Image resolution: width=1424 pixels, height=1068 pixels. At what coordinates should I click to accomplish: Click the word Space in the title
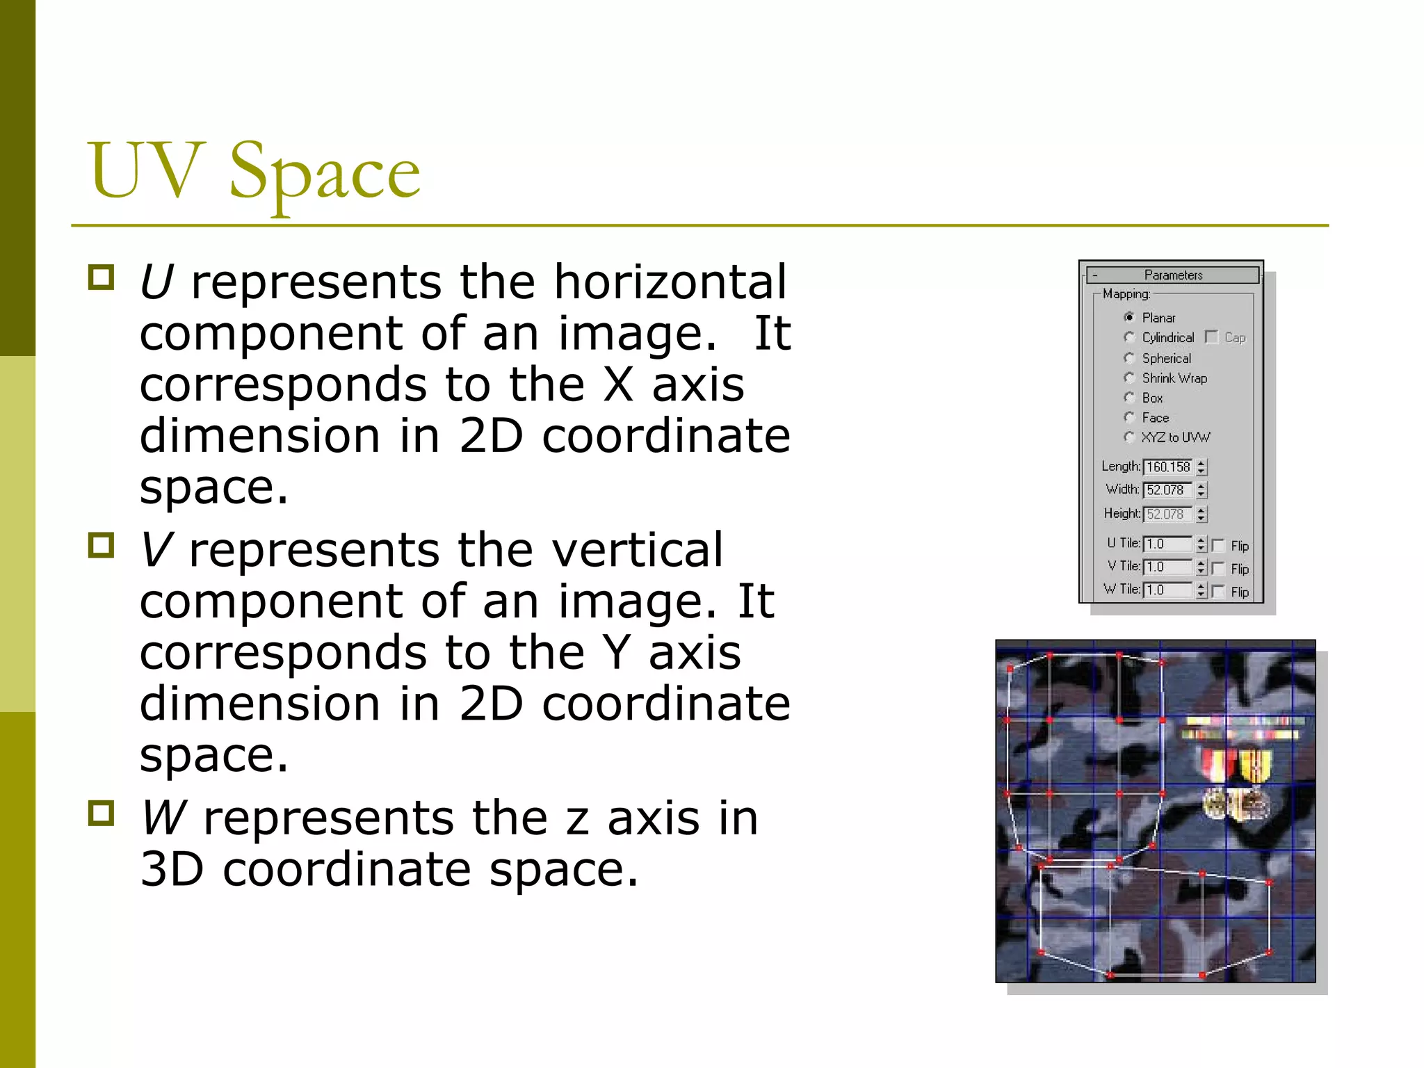tap(325, 170)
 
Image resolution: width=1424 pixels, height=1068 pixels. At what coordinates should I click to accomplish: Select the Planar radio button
tap(1129, 317)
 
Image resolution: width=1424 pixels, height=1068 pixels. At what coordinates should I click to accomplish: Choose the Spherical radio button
tap(1129, 357)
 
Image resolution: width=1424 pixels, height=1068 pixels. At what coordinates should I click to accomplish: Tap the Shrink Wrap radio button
tap(1129, 378)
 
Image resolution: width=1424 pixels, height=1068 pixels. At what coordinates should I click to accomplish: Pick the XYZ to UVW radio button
tap(1129, 437)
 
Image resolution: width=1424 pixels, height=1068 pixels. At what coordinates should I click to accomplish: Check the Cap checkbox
tap(1212, 337)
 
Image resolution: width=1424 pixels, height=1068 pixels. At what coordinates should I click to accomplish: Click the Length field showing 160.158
tap(1168, 467)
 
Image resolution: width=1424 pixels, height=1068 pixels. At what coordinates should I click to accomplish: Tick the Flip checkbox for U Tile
tap(1218, 546)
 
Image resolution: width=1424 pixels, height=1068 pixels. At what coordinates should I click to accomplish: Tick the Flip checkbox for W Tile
tap(1218, 592)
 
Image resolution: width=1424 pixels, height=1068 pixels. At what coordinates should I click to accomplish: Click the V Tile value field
tap(1168, 567)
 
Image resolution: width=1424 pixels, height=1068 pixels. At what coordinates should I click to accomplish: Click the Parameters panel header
tap(1173, 275)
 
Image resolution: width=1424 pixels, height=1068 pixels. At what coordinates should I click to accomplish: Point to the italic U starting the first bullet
tap(156, 282)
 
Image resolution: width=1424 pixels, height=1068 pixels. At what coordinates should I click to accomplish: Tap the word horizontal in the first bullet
tap(670, 282)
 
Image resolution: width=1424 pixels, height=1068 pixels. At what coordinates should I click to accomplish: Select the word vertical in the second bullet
tap(637, 550)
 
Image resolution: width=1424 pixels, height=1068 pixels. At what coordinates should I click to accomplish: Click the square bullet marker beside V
tap(102, 545)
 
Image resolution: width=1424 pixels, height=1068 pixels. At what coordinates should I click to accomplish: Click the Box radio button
tap(1129, 398)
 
